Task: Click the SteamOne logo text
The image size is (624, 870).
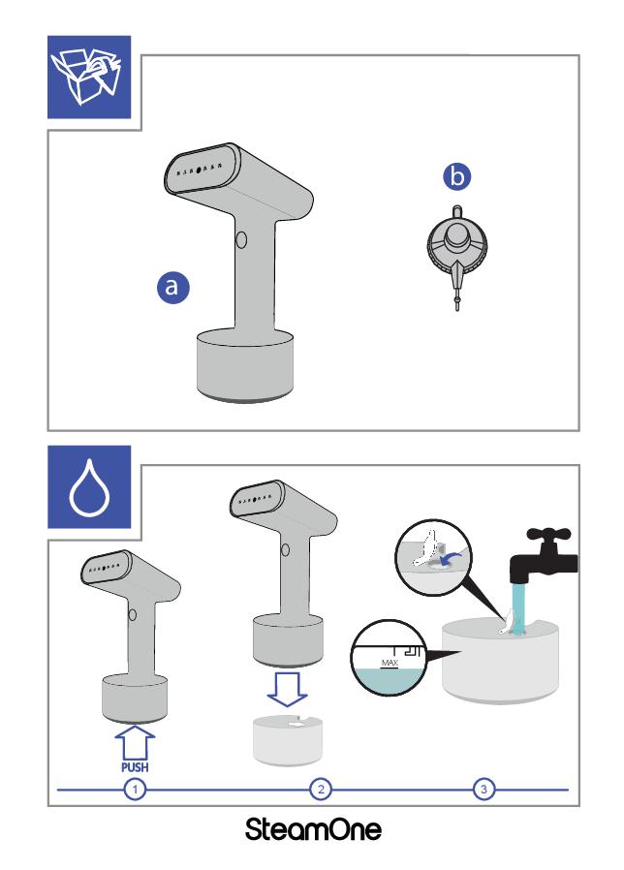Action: tap(313, 829)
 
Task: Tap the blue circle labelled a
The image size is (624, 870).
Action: tap(172, 287)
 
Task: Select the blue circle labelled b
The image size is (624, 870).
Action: tap(456, 176)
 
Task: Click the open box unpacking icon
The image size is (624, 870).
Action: tap(89, 78)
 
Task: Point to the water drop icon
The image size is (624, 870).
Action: tap(89, 487)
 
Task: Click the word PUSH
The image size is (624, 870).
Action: tap(135, 766)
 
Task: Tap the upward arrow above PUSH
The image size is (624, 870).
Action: tap(135, 743)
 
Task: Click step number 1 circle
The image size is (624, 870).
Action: tap(135, 789)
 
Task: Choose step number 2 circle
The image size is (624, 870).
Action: tap(321, 789)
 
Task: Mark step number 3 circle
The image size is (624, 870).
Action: tap(484, 789)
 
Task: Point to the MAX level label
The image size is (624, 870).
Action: tap(390, 663)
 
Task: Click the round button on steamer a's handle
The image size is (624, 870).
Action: tap(241, 239)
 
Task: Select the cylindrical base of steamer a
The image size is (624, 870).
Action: tap(245, 364)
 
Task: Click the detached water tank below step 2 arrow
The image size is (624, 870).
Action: tap(288, 740)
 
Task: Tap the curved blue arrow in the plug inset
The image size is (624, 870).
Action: tap(451, 555)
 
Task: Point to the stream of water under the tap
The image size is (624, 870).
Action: tap(518, 608)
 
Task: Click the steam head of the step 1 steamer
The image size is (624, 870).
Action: tap(107, 567)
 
